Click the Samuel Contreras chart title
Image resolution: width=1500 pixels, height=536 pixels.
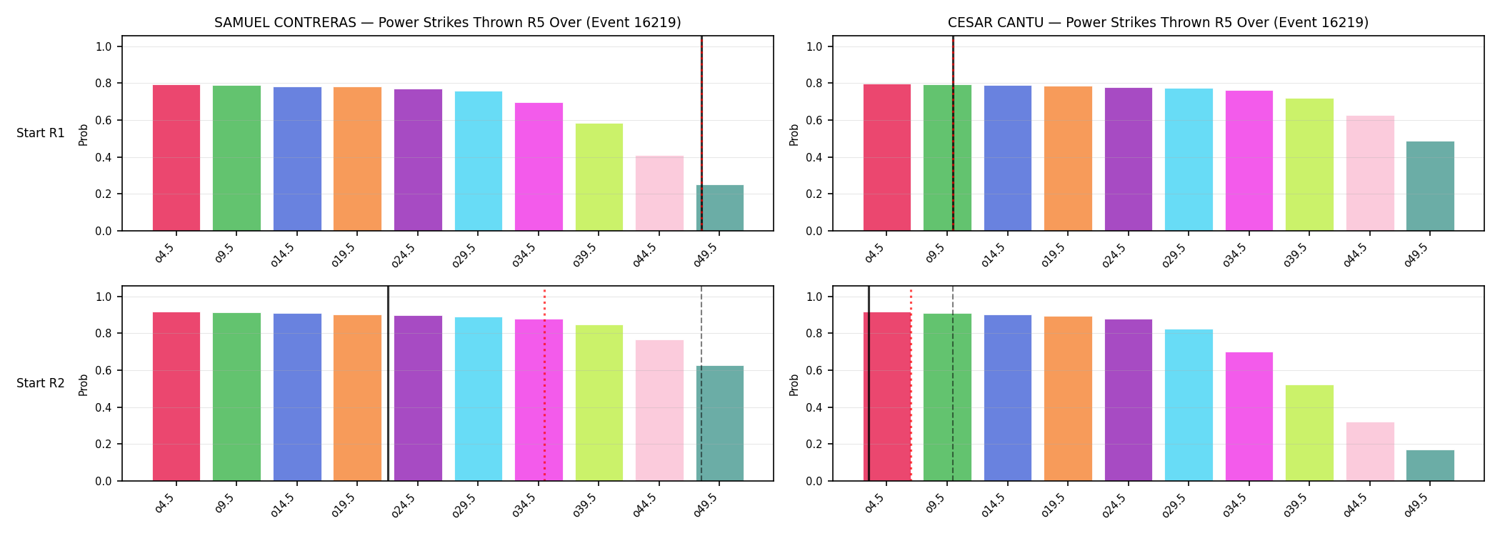(448, 23)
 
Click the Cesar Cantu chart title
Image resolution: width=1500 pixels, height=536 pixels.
(1158, 23)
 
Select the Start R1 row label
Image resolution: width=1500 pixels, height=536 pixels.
(41, 134)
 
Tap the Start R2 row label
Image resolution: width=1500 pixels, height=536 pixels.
(41, 384)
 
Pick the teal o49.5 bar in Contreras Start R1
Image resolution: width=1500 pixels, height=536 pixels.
(720, 208)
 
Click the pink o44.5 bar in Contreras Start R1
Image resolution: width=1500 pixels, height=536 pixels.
(659, 193)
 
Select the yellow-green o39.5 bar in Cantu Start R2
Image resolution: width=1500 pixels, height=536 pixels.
(1309, 433)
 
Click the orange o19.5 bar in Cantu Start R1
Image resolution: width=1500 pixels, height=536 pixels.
(1068, 159)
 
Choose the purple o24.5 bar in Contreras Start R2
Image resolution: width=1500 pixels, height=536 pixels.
(418, 398)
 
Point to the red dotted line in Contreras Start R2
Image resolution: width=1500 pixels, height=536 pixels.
(544, 385)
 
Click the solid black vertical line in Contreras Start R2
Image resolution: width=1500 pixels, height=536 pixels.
(388, 384)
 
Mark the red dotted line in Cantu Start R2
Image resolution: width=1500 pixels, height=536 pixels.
(911, 385)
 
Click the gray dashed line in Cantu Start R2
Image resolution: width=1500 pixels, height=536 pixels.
(953, 384)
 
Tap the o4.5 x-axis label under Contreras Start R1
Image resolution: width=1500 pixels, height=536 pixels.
(165, 254)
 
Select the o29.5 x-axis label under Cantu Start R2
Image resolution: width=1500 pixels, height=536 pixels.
(1175, 504)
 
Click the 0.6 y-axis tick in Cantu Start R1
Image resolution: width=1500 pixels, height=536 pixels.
(815, 120)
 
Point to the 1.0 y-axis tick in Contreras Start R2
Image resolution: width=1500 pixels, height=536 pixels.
(104, 297)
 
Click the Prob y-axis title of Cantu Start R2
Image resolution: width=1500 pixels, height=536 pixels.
(794, 384)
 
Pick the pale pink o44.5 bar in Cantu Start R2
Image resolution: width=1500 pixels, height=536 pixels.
(1370, 452)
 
